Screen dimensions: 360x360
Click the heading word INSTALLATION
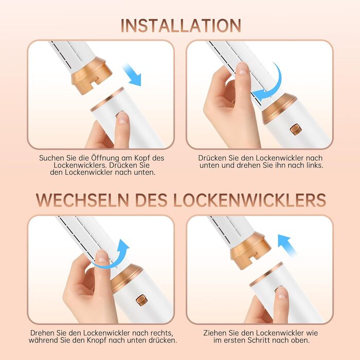tap(181, 26)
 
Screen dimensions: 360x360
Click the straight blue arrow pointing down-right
tap(133, 75)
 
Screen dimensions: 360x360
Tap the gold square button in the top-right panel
tap(296, 130)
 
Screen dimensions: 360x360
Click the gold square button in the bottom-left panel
tap(141, 300)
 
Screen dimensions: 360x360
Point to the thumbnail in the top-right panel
tap(242, 68)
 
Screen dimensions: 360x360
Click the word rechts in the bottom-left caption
tap(162, 333)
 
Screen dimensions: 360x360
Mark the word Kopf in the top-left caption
tap(141, 158)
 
